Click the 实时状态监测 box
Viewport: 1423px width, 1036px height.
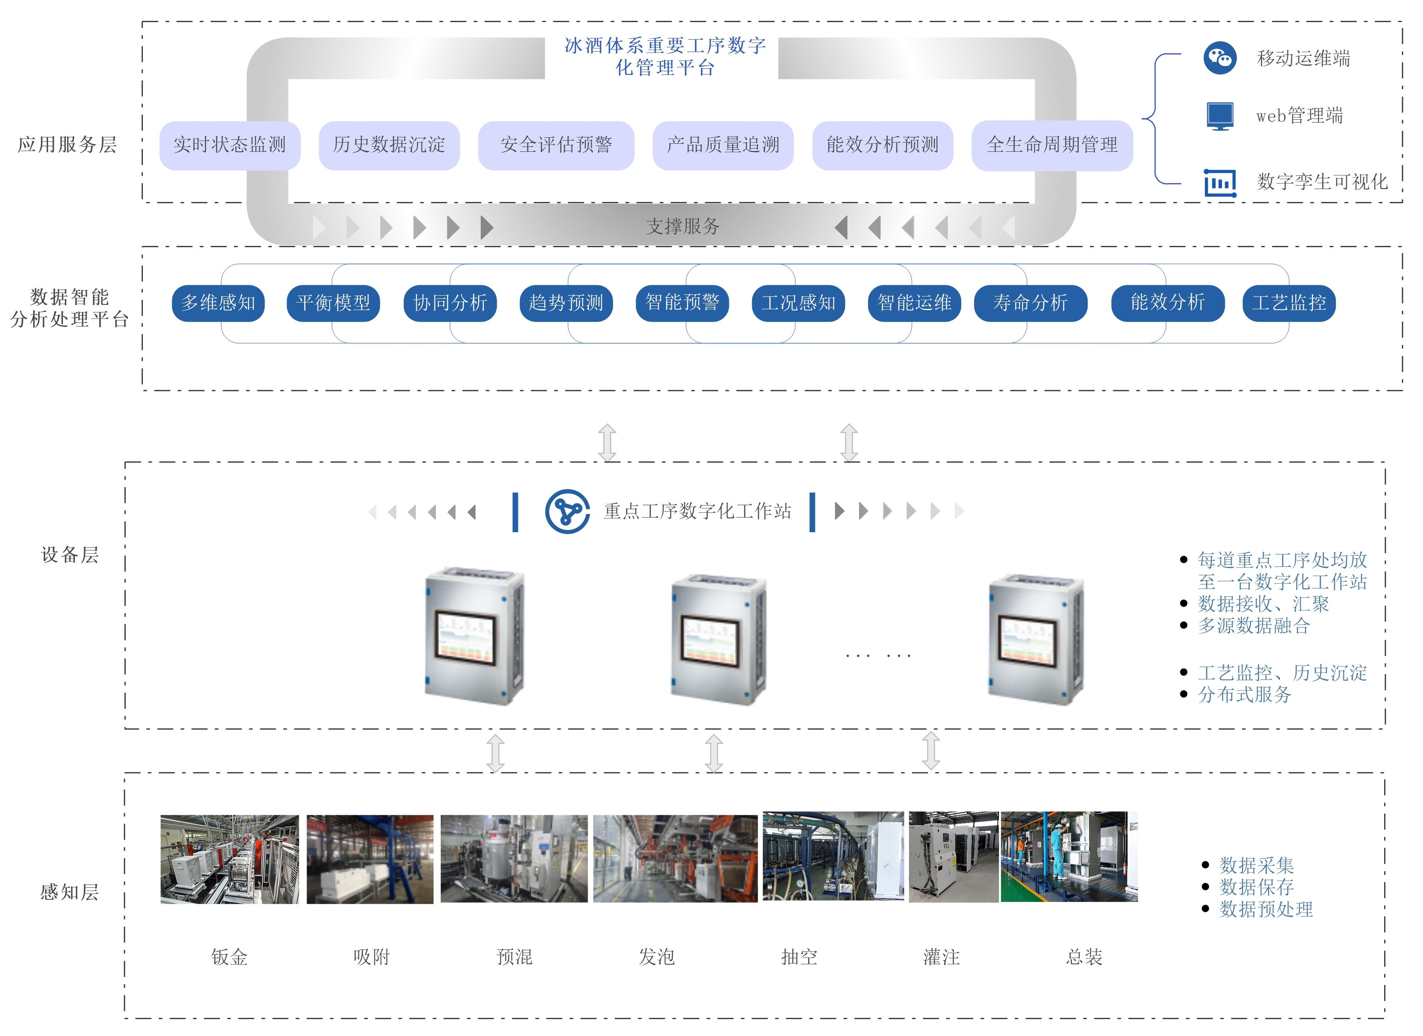[230, 145]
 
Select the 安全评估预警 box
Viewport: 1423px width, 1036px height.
[556, 145]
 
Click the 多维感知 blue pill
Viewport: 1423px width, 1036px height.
[218, 303]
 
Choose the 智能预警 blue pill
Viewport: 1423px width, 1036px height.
[682, 303]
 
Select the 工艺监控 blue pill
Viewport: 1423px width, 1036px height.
[1289, 303]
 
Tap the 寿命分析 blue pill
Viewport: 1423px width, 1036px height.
[1030, 303]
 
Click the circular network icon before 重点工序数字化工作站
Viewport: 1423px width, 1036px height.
[567, 512]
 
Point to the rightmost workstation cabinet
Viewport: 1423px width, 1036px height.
[1036, 639]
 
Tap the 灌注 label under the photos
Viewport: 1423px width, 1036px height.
[941, 957]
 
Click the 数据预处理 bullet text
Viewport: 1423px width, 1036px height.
[1266, 909]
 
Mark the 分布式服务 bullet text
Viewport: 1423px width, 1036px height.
[1244, 694]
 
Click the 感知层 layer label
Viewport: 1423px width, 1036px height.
[70, 892]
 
